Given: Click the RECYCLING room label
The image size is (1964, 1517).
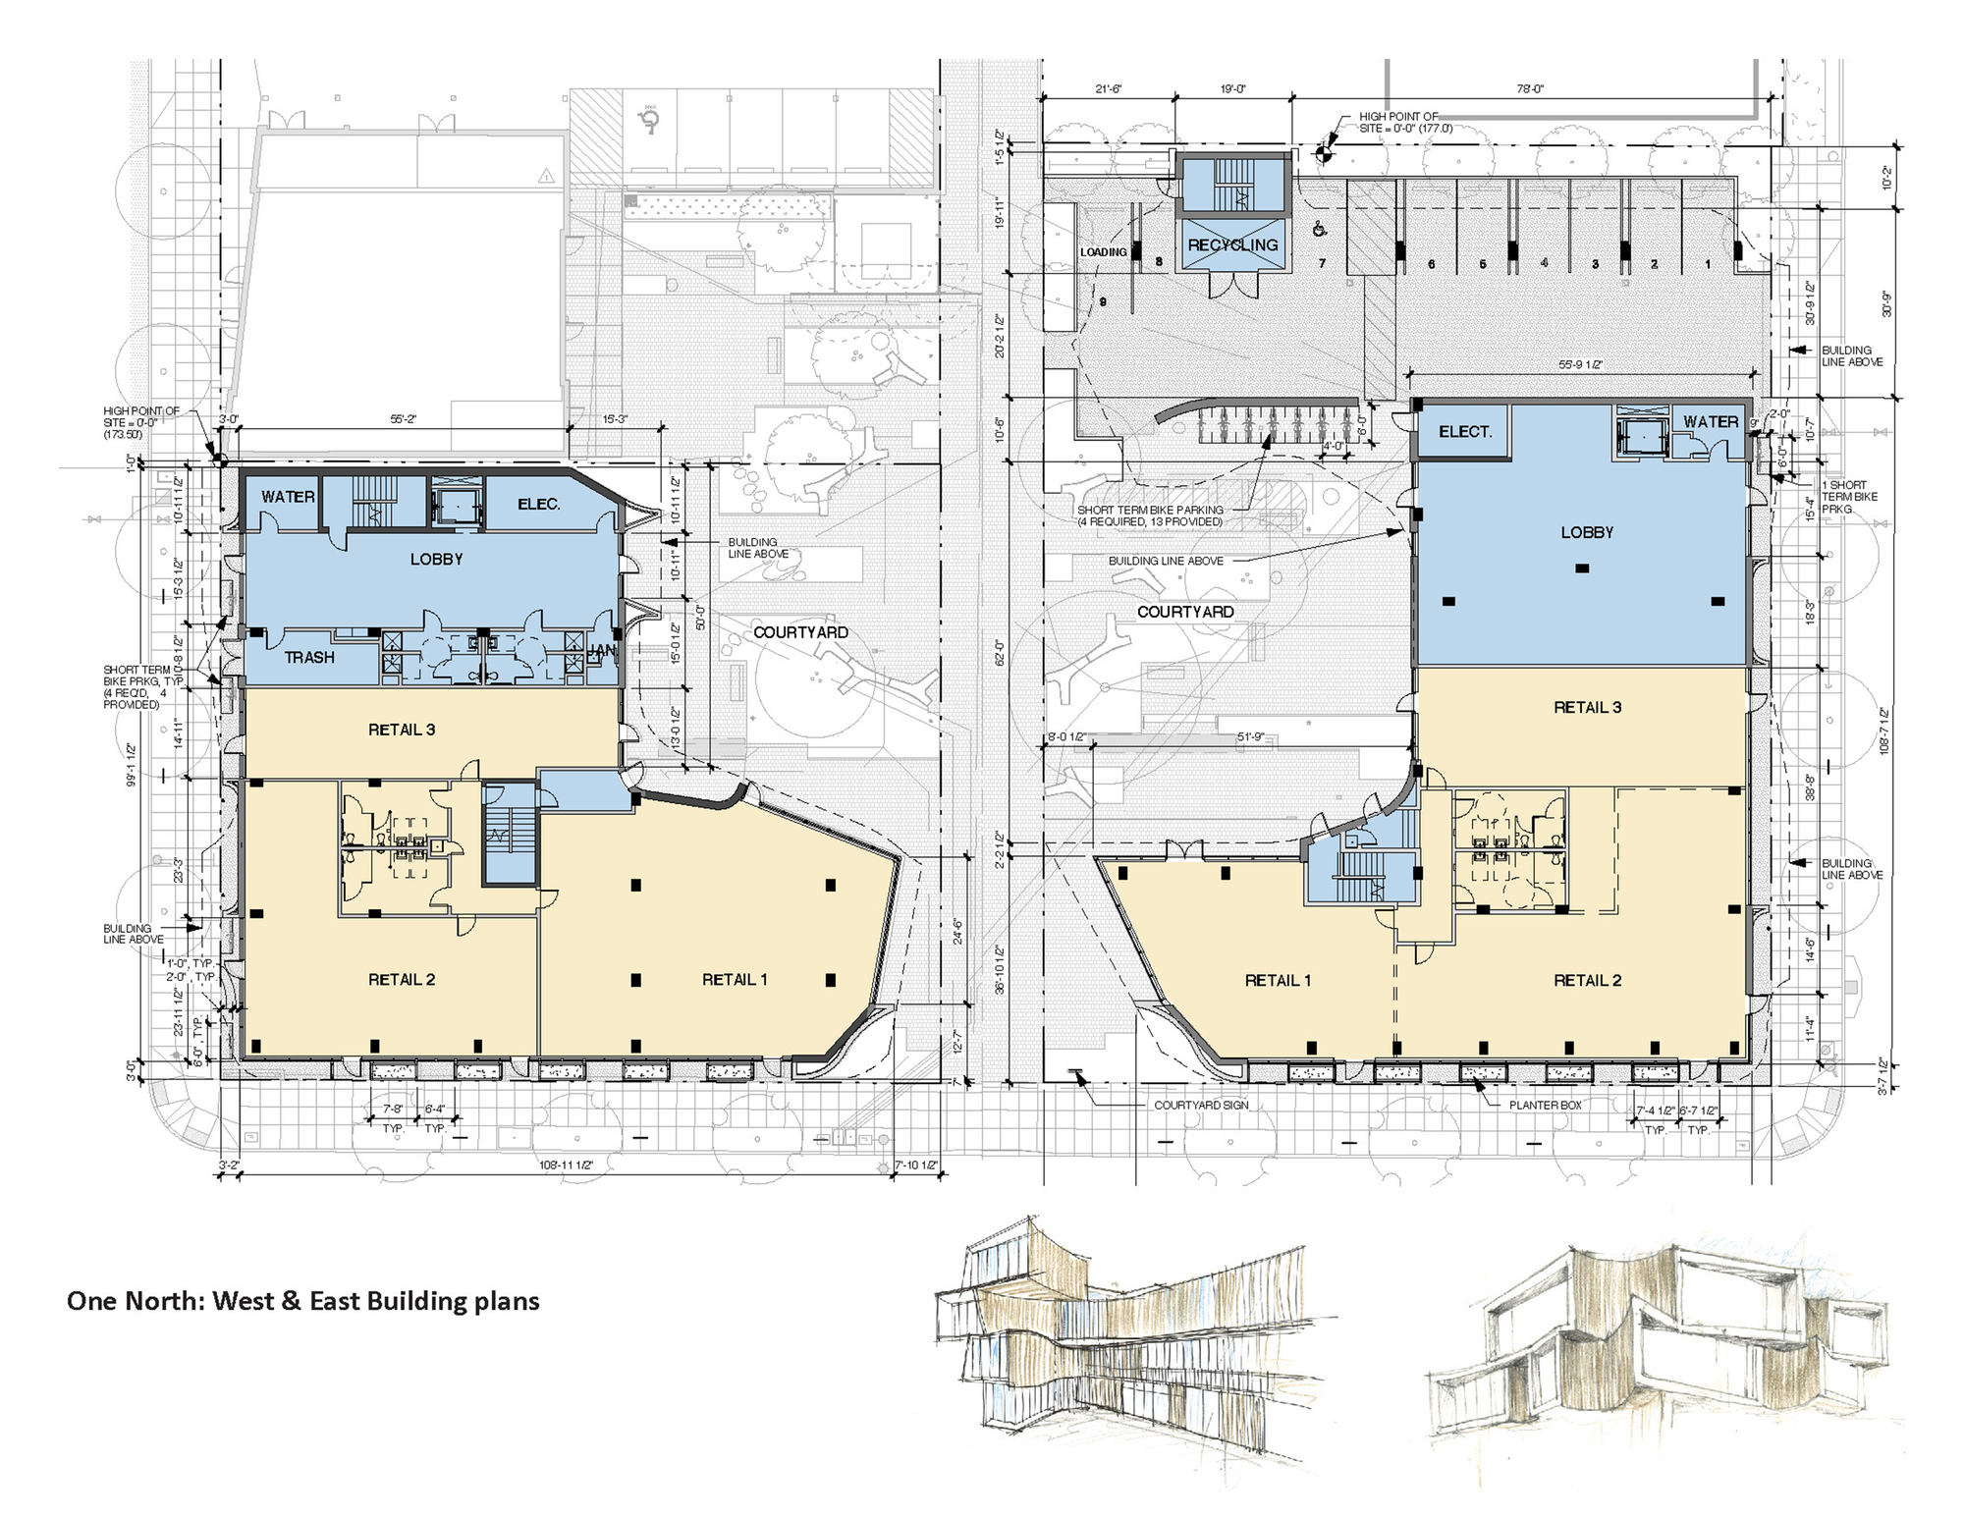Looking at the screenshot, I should click(1232, 244).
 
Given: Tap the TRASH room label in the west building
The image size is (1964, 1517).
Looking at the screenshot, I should click(309, 658).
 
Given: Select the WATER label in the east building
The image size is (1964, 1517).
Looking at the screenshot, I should click(1711, 421).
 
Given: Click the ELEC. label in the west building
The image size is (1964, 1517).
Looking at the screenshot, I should click(538, 504).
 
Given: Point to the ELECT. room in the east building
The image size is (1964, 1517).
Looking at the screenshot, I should click(1465, 432).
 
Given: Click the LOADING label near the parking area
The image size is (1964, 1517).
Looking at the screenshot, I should click(1103, 252).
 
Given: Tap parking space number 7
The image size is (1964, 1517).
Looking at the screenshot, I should click(1322, 263).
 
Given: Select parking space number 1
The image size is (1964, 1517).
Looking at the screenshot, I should click(1708, 264).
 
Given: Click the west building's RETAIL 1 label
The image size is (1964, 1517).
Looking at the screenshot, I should click(735, 979).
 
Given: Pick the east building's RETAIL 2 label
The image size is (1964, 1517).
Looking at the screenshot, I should click(1587, 980).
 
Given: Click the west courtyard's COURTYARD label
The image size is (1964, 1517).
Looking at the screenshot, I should click(800, 632).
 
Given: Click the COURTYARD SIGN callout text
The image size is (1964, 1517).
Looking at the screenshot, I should click(1201, 1105).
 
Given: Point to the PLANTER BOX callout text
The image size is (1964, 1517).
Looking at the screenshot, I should click(1546, 1105).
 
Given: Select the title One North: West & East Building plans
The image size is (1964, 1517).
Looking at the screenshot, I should click(302, 1301).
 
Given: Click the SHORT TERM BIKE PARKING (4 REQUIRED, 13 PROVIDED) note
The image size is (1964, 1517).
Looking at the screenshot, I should click(1149, 515).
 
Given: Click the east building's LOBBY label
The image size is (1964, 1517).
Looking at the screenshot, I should click(1587, 532).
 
